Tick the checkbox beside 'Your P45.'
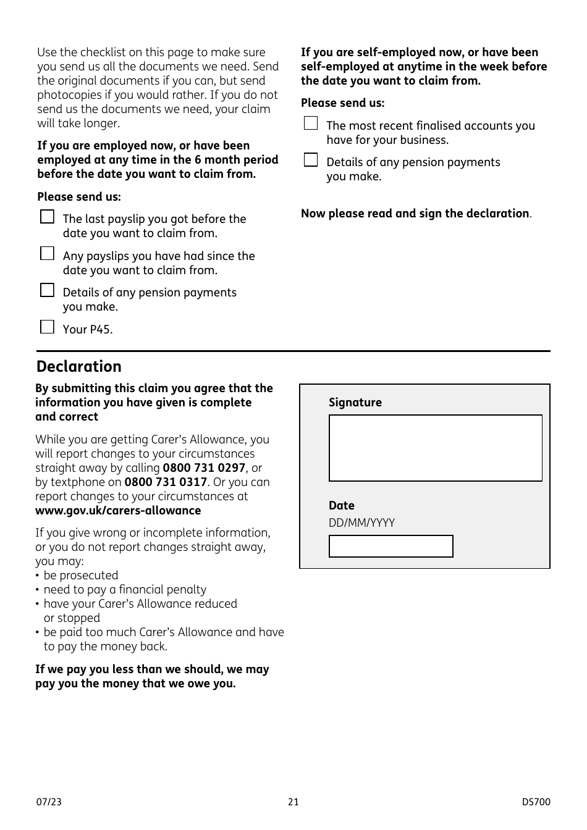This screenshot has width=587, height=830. (47, 327)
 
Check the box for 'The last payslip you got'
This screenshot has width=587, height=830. (47, 217)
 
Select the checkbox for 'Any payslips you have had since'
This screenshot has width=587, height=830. (47, 254)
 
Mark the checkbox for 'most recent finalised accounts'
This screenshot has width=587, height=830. (311, 124)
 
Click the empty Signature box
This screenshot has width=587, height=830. (435, 448)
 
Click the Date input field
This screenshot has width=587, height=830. (391, 546)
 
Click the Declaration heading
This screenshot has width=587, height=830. (79, 366)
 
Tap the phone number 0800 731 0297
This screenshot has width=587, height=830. (204, 468)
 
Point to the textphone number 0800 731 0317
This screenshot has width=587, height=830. (166, 482)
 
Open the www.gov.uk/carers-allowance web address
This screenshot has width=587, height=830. (118, 511)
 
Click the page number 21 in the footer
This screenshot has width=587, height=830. (293, 802)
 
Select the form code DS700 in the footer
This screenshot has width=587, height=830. (536, 802)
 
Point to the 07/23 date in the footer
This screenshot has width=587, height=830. (49, 802)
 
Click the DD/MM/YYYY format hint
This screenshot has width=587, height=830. (361, 523)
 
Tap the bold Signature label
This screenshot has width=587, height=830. (355, 403)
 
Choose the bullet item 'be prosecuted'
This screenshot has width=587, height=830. (80, 576)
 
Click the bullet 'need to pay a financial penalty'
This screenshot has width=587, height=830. (125, 590)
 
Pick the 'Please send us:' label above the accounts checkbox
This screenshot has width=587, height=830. (342, 103)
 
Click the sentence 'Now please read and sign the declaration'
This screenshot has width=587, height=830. (415, 214)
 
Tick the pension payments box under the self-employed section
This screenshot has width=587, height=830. (311, 160)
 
